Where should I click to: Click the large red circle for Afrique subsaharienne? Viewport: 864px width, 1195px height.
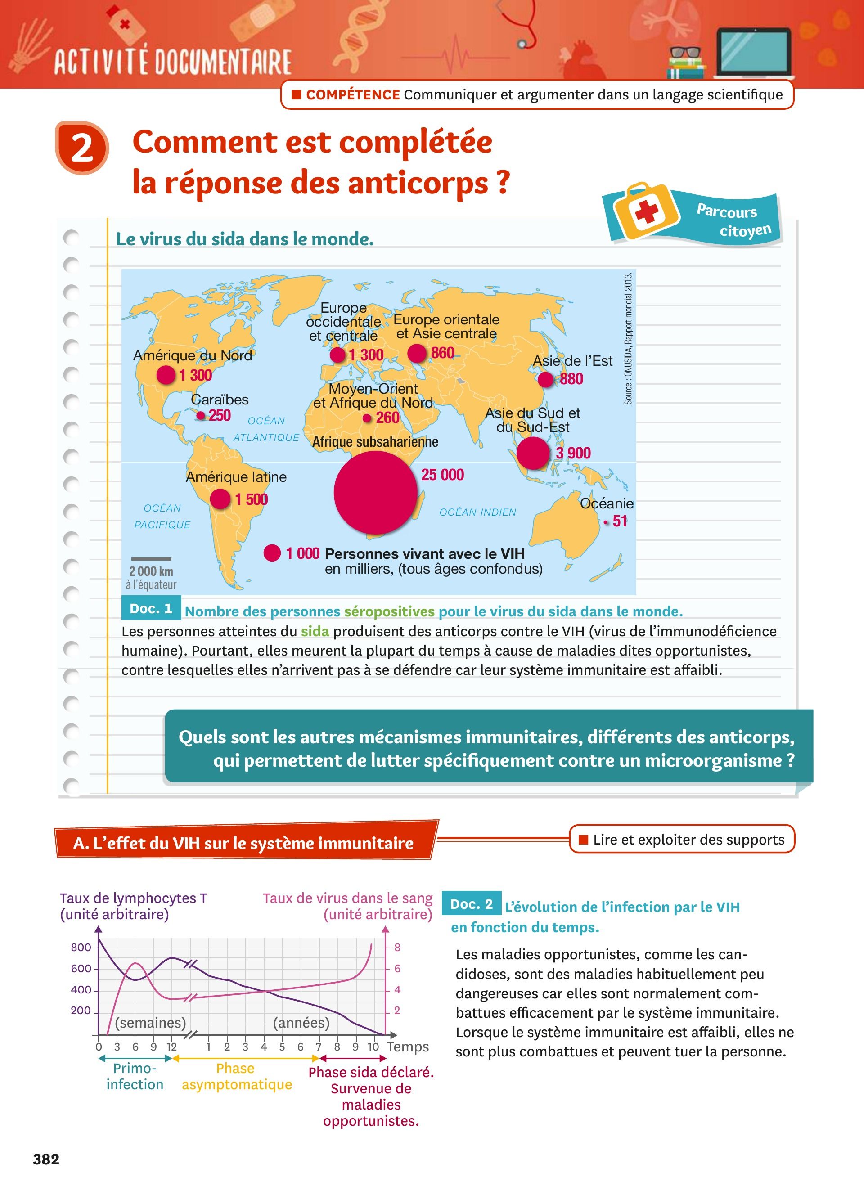375,492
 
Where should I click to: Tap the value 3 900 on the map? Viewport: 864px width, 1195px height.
573,453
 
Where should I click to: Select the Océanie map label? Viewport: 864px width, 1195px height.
607,504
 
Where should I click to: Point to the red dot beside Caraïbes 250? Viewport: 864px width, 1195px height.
201,416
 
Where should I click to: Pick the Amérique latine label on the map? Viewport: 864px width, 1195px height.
236,477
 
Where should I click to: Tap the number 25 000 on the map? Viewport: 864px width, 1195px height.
442,475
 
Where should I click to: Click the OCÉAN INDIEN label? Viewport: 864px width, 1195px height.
478,512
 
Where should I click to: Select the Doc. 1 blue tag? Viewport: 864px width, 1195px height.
151,609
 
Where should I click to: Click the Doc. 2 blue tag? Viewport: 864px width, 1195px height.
472,904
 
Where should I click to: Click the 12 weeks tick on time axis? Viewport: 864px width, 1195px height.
172,1047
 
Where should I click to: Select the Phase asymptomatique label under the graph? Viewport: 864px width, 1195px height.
237,1077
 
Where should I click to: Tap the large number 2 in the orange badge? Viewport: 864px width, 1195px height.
82,148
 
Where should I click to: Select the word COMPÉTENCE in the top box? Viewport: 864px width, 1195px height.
352,95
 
